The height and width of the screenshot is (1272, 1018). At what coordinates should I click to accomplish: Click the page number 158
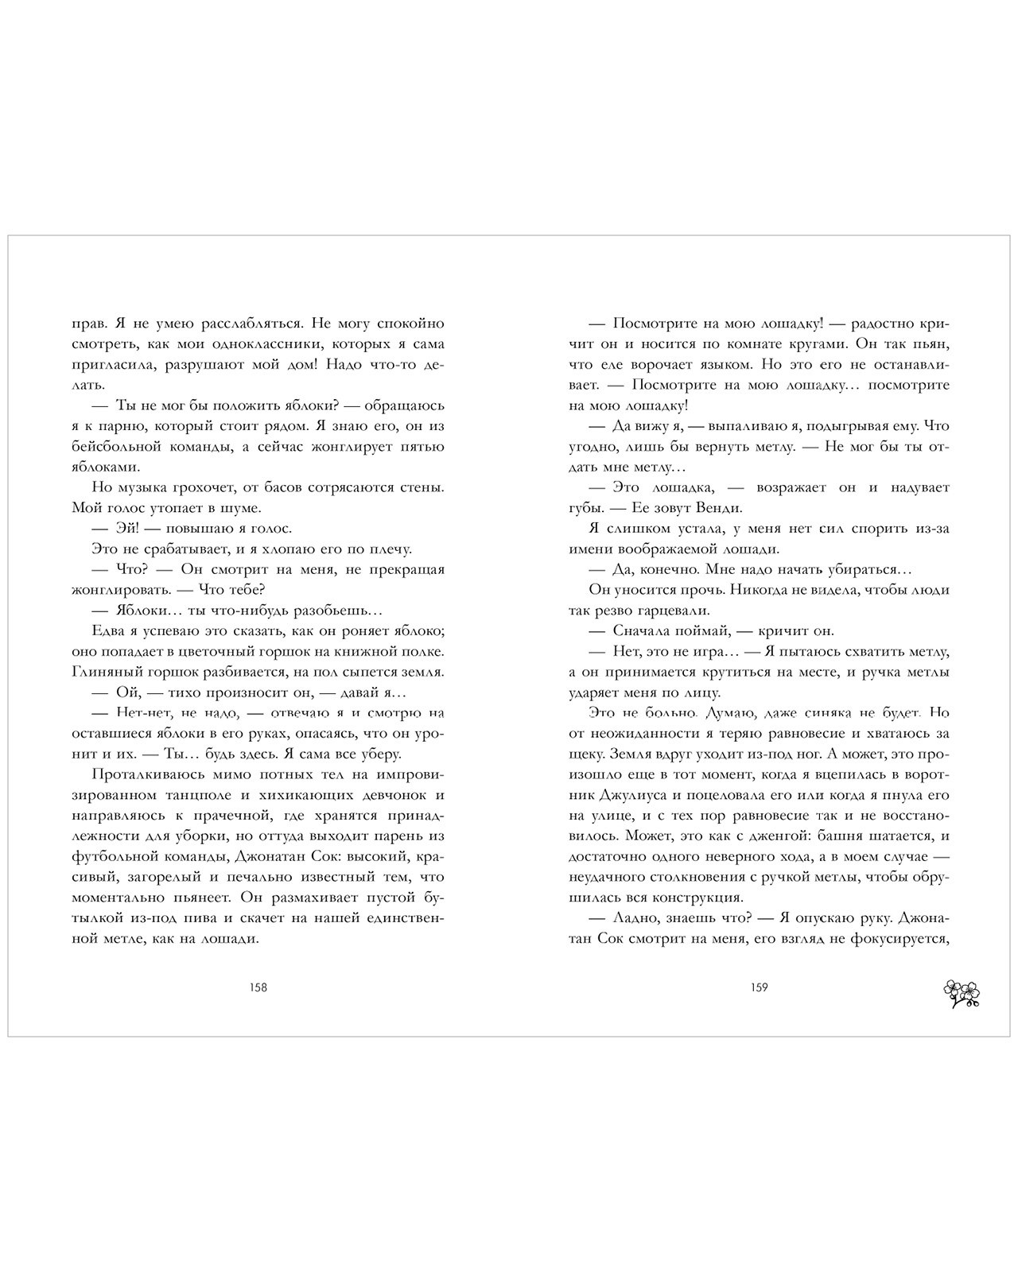(258, 988)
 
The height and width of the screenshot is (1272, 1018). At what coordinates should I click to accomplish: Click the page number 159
(759, 988)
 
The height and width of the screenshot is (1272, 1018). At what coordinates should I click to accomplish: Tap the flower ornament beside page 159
(961, 994)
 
